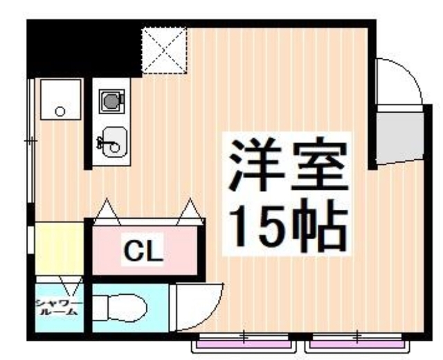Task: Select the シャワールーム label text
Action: coord(60,307)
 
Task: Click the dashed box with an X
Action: coord(164,50)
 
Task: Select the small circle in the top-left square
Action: coord(60,111)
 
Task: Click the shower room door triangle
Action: coord(69,284)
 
